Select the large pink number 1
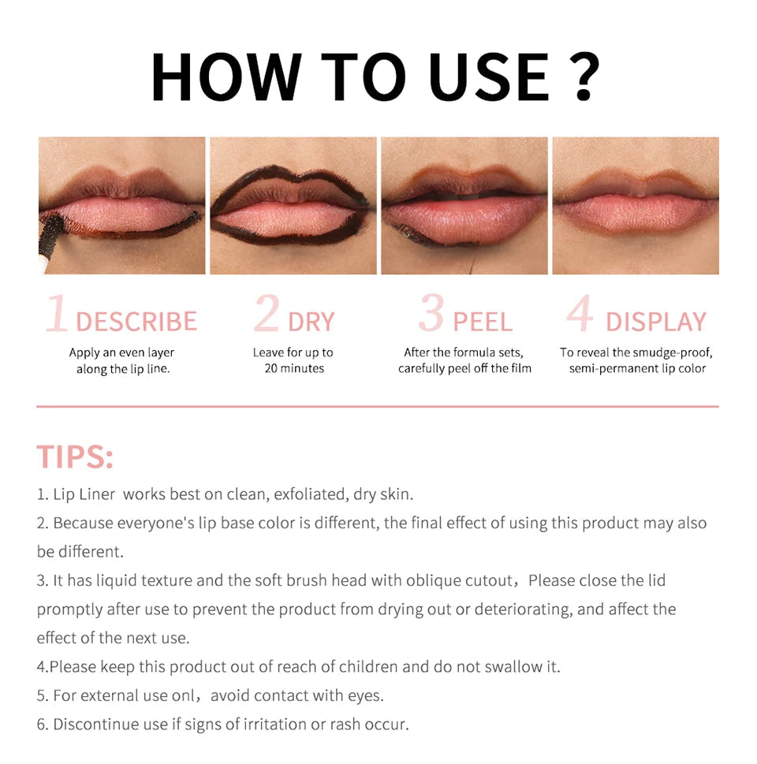pyautogui.click(x=57, y=315)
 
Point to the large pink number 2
pyautogui.click(x=267, y=315)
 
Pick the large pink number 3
pyautogui.click(x=431, y=315)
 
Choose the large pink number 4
pyautogui.click(x=580, y=315)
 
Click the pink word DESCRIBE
pyautogui.click(x=136, y=322)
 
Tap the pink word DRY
pyautogui.click(x=311, y=322)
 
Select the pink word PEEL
pyautogui.click(x=483, y=322)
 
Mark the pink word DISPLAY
pyautogui.click(x=656, y=322)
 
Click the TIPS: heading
pyautogui.click(x=75, y=457)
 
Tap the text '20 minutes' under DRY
pyautogui.click(x=294, y=368)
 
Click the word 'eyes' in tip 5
pyautogui.click(x=367, y=695)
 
